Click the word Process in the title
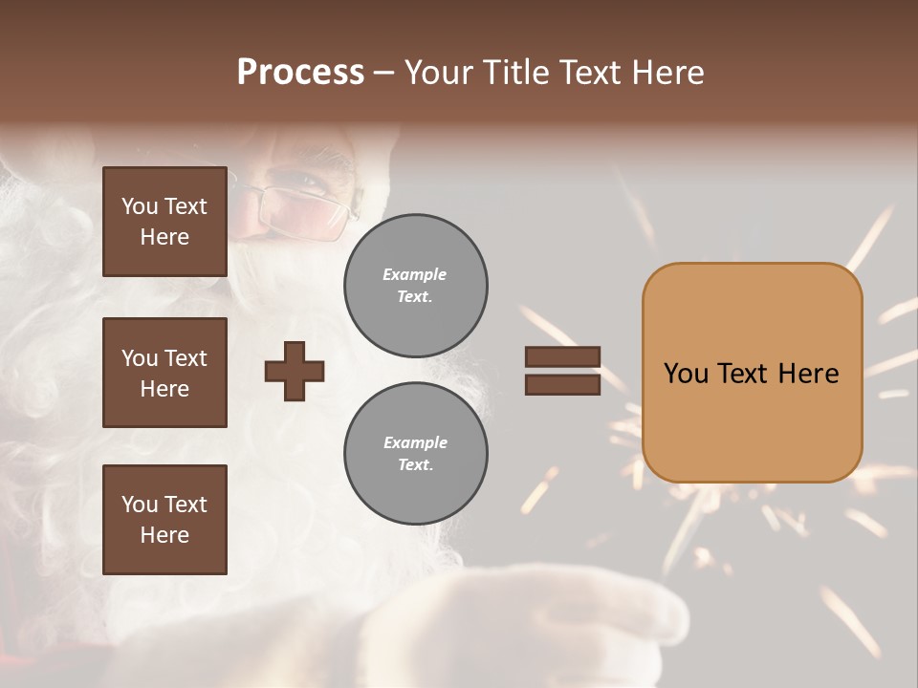coord(300,73)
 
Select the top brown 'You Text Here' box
coord(164,222)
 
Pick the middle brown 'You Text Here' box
coord(164,373)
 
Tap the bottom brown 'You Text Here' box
coord(164,520)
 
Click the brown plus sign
coord(295,371)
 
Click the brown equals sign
coord(562,371)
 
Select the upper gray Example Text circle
coord(415,286)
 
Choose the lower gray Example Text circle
coord(415,454)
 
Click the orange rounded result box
coord(752,373)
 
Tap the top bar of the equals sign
coord(562,357)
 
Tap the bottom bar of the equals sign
coord(562,385)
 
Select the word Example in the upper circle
coord(415,275)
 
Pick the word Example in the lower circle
coord(415,443)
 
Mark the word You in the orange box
coord(686,374)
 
